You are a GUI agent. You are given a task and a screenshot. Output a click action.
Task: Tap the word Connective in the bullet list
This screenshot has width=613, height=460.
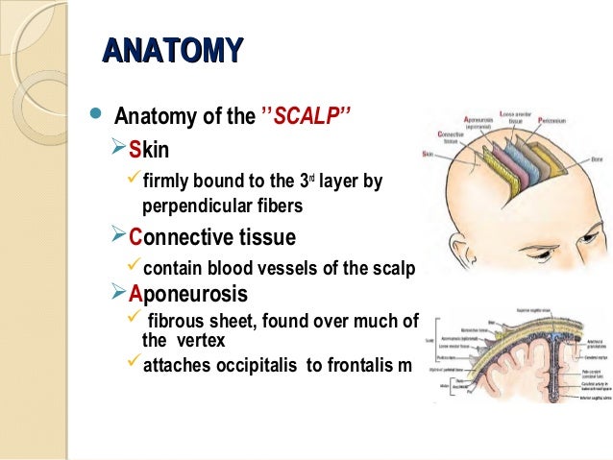(x=183, y=236)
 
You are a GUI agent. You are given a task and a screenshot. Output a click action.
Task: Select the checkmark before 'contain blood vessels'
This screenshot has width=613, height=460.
(x=134, y=268)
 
